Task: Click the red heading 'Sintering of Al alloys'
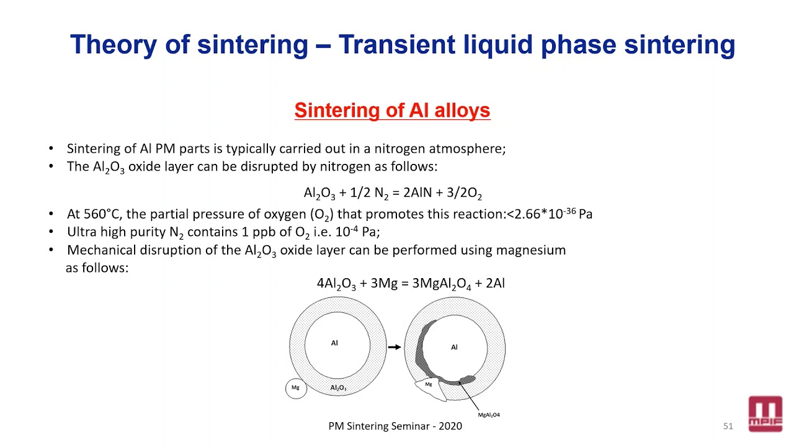392,111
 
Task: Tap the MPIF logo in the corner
765,413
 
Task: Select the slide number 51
728,426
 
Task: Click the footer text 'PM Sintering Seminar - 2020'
395,426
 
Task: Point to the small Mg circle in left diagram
296,388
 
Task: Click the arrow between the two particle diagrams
394,347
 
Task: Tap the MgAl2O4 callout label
489,415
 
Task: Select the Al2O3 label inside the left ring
338,388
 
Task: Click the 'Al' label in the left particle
334,343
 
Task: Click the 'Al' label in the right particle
454,347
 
